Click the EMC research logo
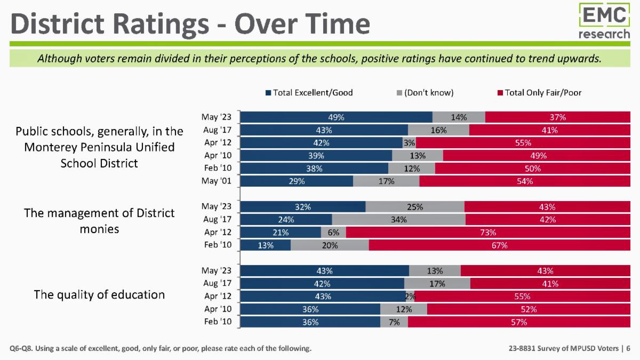(604, 21)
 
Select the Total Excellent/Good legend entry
(309, 93)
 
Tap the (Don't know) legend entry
(425, 93)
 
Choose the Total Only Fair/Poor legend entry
(539, 93)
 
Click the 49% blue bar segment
(337, 117)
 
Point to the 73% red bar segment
(488, 233)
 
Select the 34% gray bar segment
(398, 219)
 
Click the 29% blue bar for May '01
(297, 181)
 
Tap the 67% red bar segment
(499, 245)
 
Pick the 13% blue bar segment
(266, 245)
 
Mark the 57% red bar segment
(519, 322)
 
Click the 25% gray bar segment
(415, 206)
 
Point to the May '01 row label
(217, 181)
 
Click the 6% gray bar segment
(333, 233)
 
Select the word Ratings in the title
(161, 25)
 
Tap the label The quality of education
(99, 294)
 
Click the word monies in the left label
(99, 229)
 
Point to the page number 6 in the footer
(628, 348)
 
